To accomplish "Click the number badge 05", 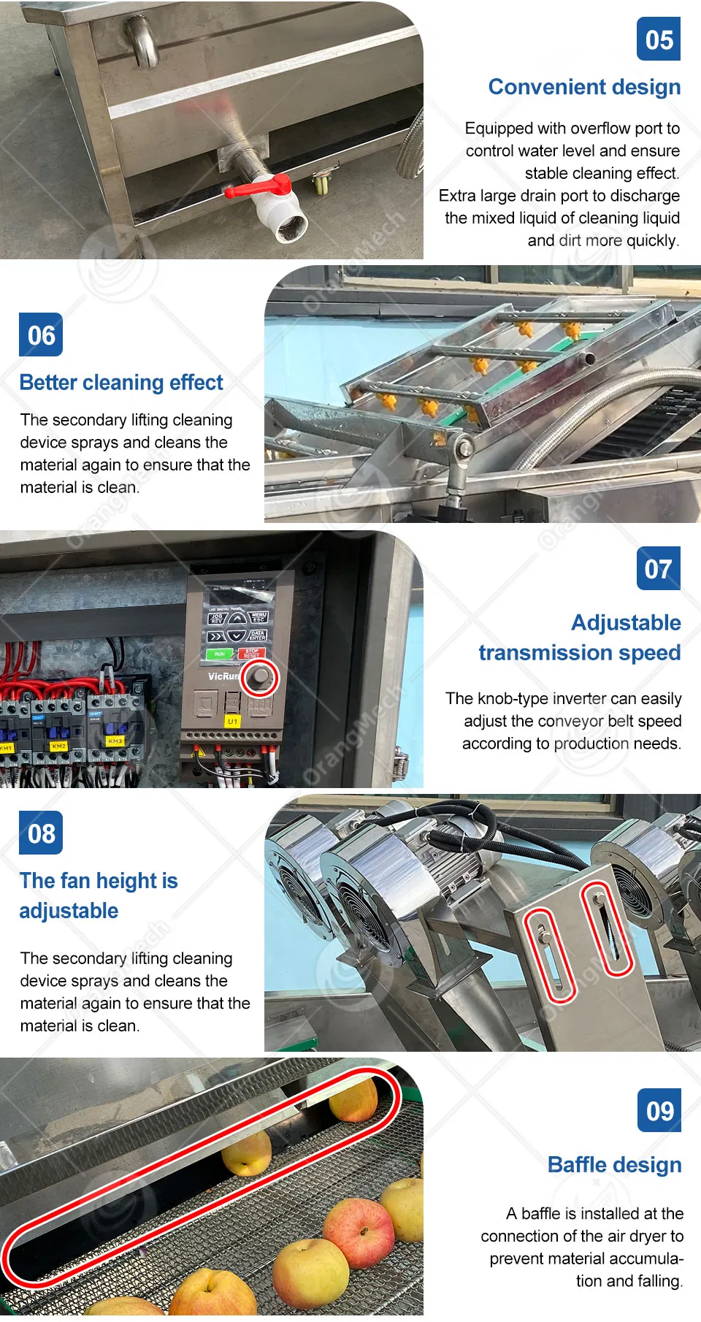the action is pyautogui.click(x=659, y=39).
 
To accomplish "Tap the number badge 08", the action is pyautogui.click(x=41, y=833).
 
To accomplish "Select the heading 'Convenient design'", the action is pyautogui.click(x=584, y=87).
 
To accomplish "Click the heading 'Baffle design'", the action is pyautogui.click(x=615, y=1165).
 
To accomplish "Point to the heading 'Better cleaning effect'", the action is pyautogui.click(x=121, y=383).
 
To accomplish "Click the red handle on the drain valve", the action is pyautogui.click(x=257, y=186).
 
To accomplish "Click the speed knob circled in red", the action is pyautogui.click(x=260, y=678).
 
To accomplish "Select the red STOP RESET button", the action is pyautogui.click(x=251, y=653).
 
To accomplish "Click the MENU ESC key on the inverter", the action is pyautogui.click(x=258, y=617).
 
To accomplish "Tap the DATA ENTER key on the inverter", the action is pyautogui.click(x=258, y=635).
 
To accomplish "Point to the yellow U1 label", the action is pyautogui.click(x=232, y=721).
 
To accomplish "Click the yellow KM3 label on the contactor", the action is pyautogui.click(x=115, y=741).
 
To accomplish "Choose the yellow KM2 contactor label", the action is pyautogui.click(x=58, y=746).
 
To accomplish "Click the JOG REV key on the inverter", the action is pyautogui.click(x=217, y=619).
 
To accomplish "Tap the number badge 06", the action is pyautogui.click(x=41, y=335).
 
